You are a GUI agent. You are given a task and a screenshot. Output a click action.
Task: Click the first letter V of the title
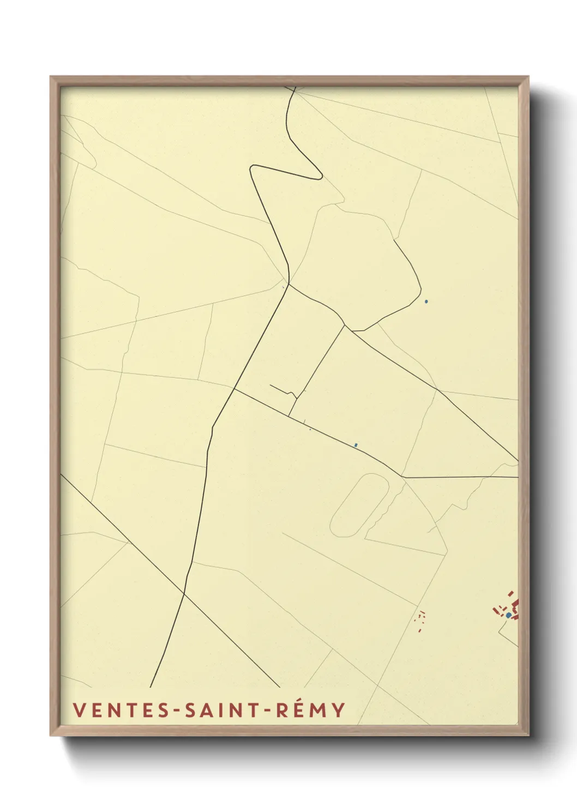coord(78,710)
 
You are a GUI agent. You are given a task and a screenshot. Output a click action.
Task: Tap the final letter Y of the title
coord(339,710)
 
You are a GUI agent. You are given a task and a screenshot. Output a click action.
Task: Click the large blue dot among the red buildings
coord(508,615)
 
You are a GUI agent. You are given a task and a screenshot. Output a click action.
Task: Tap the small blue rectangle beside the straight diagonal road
coord(356,445)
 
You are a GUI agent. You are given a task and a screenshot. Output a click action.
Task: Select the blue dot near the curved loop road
coord(426,301)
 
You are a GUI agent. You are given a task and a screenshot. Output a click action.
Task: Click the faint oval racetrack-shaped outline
coord(360,505)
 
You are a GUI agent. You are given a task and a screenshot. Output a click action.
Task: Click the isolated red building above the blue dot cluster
coord(510,593)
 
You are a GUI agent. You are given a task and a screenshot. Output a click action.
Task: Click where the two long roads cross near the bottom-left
coord(184,594)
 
